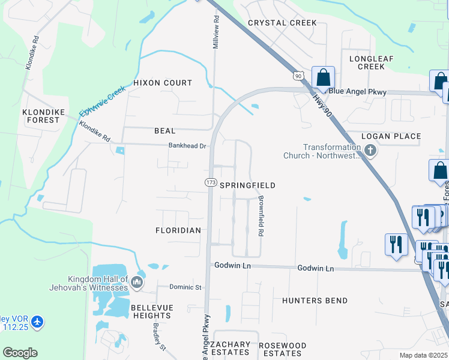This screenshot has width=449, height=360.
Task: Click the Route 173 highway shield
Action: click(211, 182)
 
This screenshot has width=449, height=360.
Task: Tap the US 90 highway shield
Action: click(298, 76)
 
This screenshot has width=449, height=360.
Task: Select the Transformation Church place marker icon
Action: click(370, 151)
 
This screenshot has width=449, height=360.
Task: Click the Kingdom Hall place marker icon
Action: click(137, 282)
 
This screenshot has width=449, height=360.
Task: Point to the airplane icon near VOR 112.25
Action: click(38, 322)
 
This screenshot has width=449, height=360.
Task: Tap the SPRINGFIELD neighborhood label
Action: click(247, 186)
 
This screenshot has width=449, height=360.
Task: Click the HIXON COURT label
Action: click(163, 83)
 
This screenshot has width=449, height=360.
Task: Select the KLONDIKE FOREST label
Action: click(41, 116)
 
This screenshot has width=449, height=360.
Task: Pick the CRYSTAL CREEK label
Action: click(282, 23)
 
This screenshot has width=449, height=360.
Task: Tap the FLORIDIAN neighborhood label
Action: click(178, 230)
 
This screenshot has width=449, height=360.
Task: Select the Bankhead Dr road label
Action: click(187, 146)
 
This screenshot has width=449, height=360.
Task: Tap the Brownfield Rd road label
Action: click(261, 215)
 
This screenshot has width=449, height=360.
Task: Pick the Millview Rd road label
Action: click(215, 32)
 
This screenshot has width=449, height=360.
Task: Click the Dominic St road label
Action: click(185, 287)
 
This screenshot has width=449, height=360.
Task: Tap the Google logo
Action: click(20, 353)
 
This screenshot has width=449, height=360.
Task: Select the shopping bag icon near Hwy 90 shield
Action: click(323, 77)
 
